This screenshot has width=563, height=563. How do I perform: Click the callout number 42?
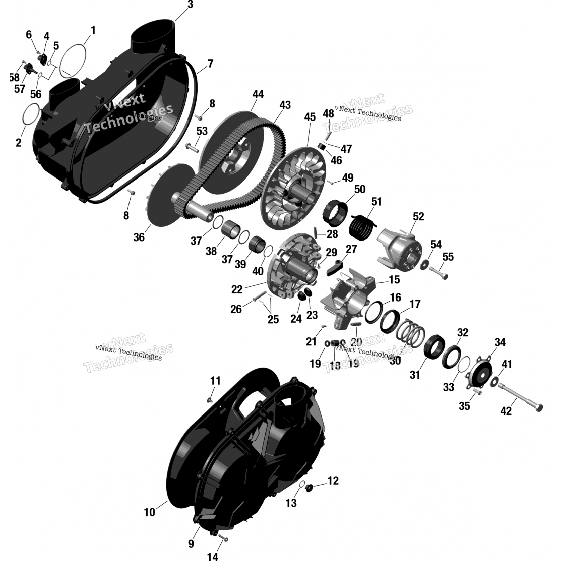506,411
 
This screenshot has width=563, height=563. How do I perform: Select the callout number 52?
418,217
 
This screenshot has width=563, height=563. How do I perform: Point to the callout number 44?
258,94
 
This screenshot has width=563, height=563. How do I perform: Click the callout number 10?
149,512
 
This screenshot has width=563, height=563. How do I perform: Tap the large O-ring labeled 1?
74,60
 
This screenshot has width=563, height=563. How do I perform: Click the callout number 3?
190,5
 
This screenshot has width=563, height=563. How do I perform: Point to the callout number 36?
139,237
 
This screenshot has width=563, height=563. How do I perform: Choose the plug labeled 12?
310,488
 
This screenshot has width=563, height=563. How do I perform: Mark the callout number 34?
500,342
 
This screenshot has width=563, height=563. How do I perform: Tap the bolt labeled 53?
193,148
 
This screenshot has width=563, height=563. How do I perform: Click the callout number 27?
351,249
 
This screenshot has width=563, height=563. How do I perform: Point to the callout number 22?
237,289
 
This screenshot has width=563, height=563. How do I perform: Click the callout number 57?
20,89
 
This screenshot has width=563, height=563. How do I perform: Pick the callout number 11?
215,381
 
